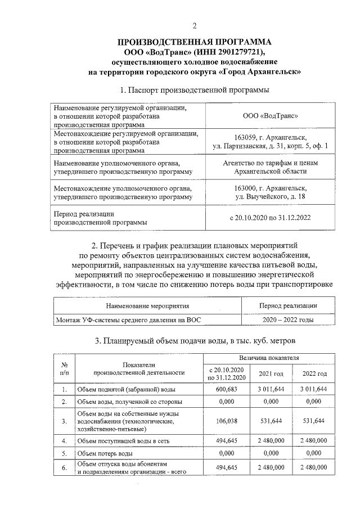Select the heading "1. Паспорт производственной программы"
click(195, 89)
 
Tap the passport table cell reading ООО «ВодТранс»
click(270, 116)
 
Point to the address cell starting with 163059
click(270, 142)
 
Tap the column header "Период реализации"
click(287, 306)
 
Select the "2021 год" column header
click(271, 373)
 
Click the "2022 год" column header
click(314, 373)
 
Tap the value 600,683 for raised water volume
click(227, 389)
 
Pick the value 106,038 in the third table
click(227, 421)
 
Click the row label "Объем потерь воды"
click(105, 453)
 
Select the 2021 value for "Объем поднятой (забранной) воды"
click(271, 389)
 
